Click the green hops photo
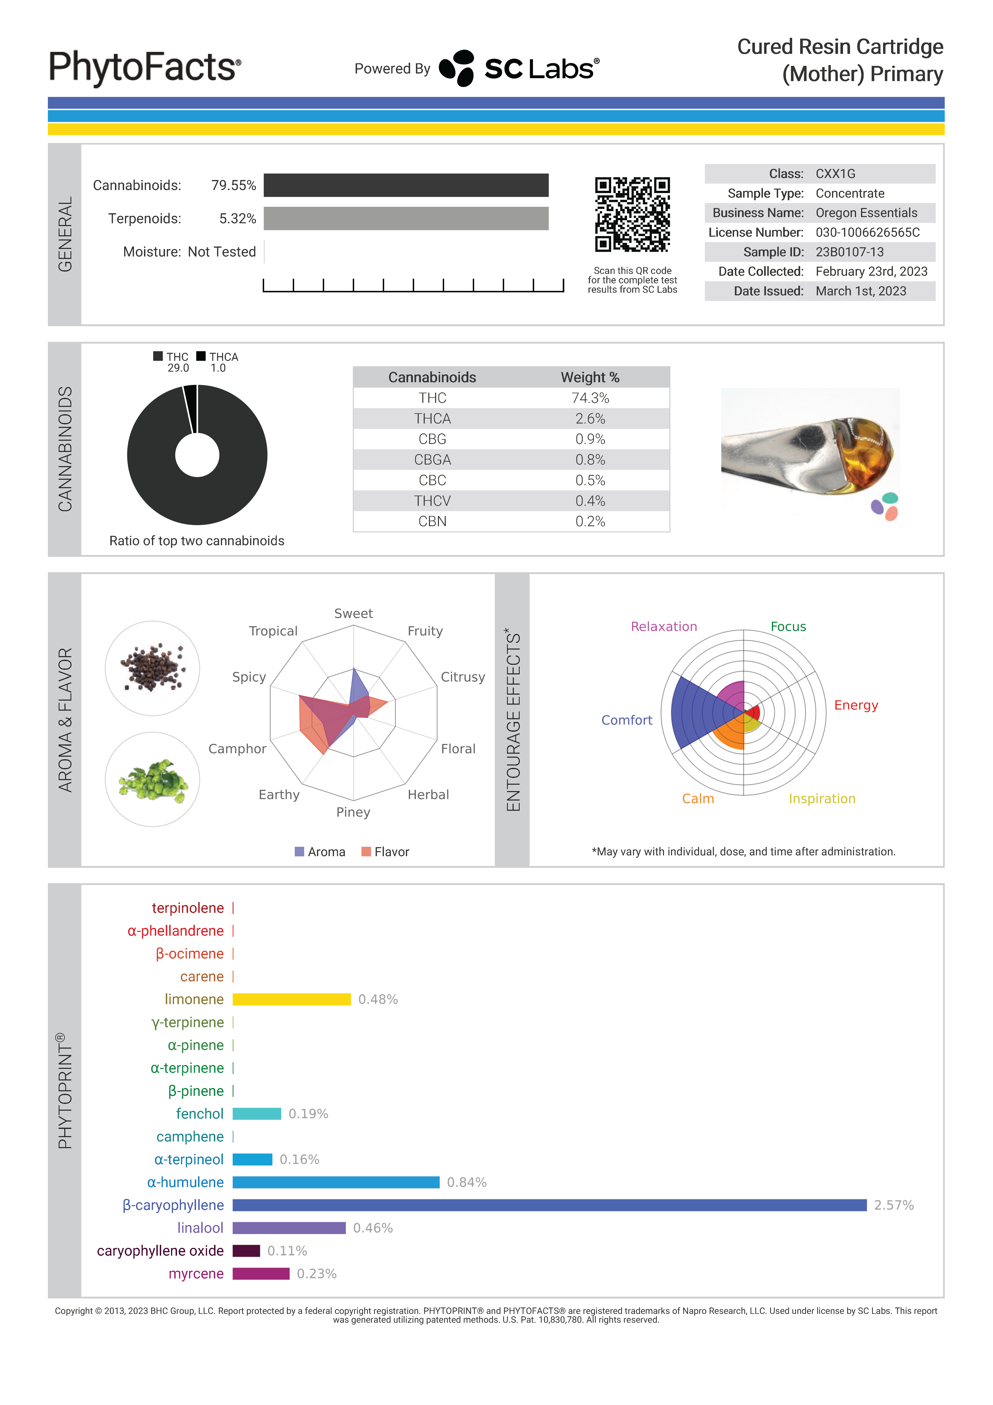click(152, 780)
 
